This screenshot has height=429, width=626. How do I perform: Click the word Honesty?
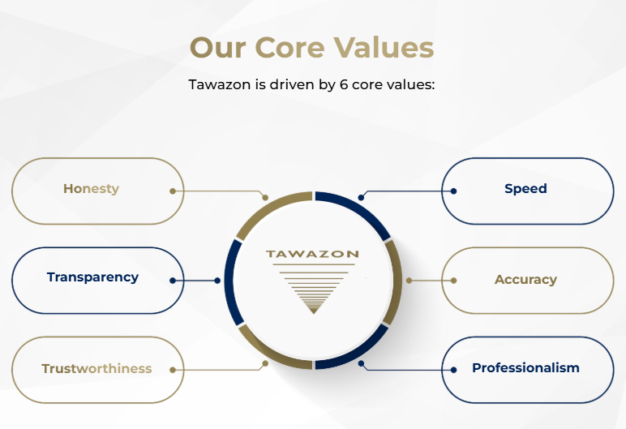(x=91, y=188)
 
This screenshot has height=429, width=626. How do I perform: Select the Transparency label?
(x=92, y=277)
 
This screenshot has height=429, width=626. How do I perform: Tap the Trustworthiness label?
(x=96, y=368)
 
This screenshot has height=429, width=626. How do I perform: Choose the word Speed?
(x=525, y=188)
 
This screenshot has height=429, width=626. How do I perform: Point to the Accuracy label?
(x=525, y=280)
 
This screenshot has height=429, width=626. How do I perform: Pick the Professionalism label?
(x=525, y=367)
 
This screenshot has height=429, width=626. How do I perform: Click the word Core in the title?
(x=289, y=48)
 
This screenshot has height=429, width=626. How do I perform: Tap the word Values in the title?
(x=384, y=48)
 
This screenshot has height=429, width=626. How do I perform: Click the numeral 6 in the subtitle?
(x=343, y=84)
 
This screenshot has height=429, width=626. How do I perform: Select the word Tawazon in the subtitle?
(x=220, y=84)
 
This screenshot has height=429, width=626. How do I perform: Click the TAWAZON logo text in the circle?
(x=312, y=254)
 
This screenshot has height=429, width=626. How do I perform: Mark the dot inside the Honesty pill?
(x=173, y=191)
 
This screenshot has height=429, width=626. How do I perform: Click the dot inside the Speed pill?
(x=453, y=191)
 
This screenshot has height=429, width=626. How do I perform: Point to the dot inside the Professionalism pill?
(x=453, y=370)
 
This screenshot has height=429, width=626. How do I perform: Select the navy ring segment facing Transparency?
(x=229, y=281)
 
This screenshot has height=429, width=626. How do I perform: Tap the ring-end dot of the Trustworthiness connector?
(x=265, y=363)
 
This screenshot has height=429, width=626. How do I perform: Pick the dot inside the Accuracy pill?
(x=453, y=281)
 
